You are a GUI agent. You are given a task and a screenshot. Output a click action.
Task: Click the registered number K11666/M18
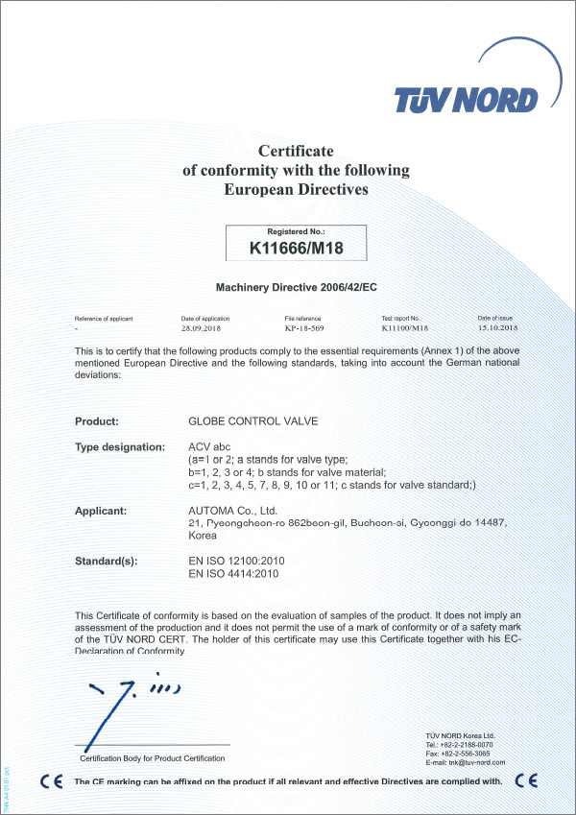coord(296,248)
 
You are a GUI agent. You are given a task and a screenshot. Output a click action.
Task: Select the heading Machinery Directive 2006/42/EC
coord(296,286)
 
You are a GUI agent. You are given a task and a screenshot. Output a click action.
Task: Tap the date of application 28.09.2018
coord(204,327)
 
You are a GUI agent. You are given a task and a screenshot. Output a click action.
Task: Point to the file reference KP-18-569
coord(306,327)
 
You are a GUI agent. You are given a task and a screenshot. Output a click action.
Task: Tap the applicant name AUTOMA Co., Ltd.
coord(232,511)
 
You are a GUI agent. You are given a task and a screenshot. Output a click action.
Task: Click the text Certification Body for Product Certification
coord(153,758)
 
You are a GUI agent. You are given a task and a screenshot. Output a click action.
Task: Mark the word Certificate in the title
coord(296,151)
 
